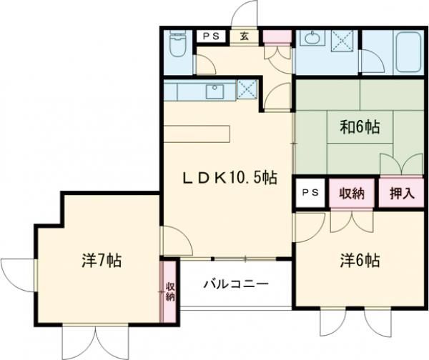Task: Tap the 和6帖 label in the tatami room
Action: pos(359,128)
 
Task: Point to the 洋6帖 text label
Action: pos(358,261)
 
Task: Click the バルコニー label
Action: pos(235,284)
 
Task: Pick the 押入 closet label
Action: pos(400,193)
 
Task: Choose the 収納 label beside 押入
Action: pos(352,193)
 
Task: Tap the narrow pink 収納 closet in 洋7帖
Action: pos(169,291)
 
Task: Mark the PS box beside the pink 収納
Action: pos(310,193)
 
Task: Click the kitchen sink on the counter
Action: pos(214,91)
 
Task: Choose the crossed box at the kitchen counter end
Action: pos(247,91)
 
